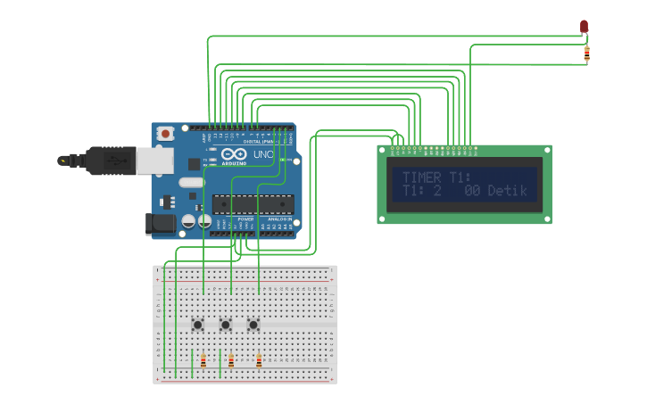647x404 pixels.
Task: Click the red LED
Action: pyautogui.click(x=585, y=27)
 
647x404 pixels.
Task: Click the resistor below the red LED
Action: pyautogui.click(x=586, y=54)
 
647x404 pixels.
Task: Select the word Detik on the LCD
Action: pyautogui.click(x=507, y=191)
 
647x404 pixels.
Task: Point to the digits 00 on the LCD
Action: pyautogui.click(x=472, y=191)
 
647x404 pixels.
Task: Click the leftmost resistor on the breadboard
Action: pyautogui.click(x=203, y=361)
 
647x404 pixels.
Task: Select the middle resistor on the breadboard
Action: pyautogui.click(x=231, y=361)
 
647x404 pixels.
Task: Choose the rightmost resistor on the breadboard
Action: pyautogui.click(x=259, y=361)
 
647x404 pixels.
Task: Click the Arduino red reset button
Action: pyautogui.click(x=165, y=133)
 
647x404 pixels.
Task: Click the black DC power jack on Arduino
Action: pyautogui.click(x=160, y=224)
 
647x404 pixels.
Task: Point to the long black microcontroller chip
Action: pyautogui.click(x=253, y=204)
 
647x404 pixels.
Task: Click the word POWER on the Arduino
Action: pyautogui.click(x=245, y=218)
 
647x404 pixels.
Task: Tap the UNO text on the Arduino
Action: pyautogui.click(x=263, y=155)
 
